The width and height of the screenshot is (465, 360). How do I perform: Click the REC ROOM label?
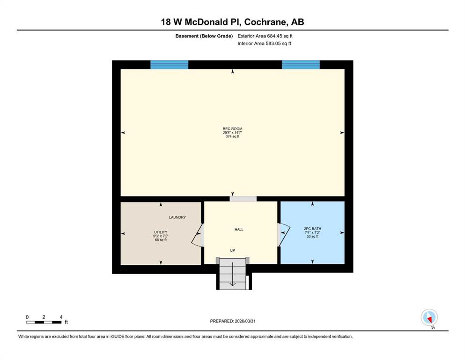(x=232, y=129)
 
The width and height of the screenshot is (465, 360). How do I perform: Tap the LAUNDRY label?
(x=177, y=217)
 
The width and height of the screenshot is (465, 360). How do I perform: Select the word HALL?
(x=239, y=229)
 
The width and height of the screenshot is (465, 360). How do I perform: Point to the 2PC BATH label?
(x=312, y=229)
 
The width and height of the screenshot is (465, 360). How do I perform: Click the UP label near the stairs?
(x=232, y=250)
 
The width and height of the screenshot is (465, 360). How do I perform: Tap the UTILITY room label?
(x=161, y=232)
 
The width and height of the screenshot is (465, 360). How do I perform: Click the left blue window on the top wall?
(x=170, y=64)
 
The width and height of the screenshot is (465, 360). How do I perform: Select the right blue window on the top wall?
(x=301, y=64)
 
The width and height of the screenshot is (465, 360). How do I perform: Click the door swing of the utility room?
(x=196, y=235)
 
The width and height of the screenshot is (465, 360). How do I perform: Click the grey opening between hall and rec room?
(x=243, y=199)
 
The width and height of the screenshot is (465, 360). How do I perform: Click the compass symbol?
(x=429, y=318)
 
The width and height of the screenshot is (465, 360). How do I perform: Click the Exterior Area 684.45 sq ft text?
(x=265, y=36)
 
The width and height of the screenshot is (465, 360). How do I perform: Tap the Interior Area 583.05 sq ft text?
(x=264, y=43)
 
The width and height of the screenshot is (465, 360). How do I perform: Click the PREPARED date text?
(x=233, y=321)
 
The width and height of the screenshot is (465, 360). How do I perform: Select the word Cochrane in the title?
(x=266, y=22)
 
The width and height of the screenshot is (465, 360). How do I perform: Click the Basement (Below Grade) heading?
(x=204, y=36)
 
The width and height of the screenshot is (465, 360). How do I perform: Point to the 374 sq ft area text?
(x=232, y=136)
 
